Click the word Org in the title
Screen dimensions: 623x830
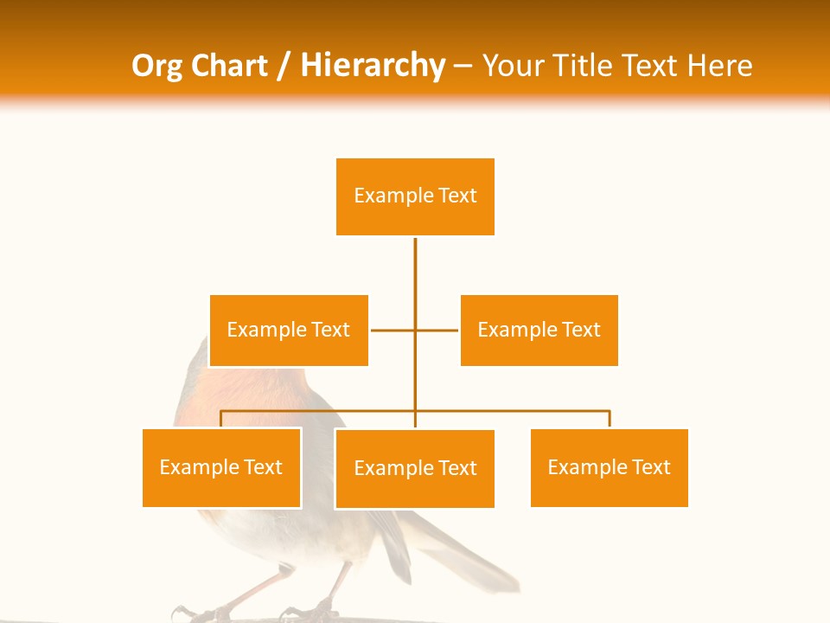click(157, 66)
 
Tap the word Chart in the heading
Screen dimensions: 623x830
click(226, 66)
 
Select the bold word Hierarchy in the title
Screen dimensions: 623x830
click(373, 66)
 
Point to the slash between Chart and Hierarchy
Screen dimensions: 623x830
click(283, 66)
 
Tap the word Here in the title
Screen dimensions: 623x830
click(719, 66)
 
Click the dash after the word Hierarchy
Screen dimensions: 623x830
click(463, 67)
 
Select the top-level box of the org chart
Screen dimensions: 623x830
click(415, 196)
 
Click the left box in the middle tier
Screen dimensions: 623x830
click(289, 330)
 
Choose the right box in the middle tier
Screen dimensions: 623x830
click(539, 330)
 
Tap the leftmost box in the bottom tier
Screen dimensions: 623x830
click(221, 467)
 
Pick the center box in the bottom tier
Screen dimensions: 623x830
click(415, 468)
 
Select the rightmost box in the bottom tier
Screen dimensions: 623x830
click(609, 467)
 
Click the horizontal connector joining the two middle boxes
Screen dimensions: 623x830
click(393, 330)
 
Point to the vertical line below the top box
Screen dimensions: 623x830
click(415, 268)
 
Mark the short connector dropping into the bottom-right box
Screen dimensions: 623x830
click(610, 419)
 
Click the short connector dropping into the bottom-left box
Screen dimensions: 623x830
click(221, 419)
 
